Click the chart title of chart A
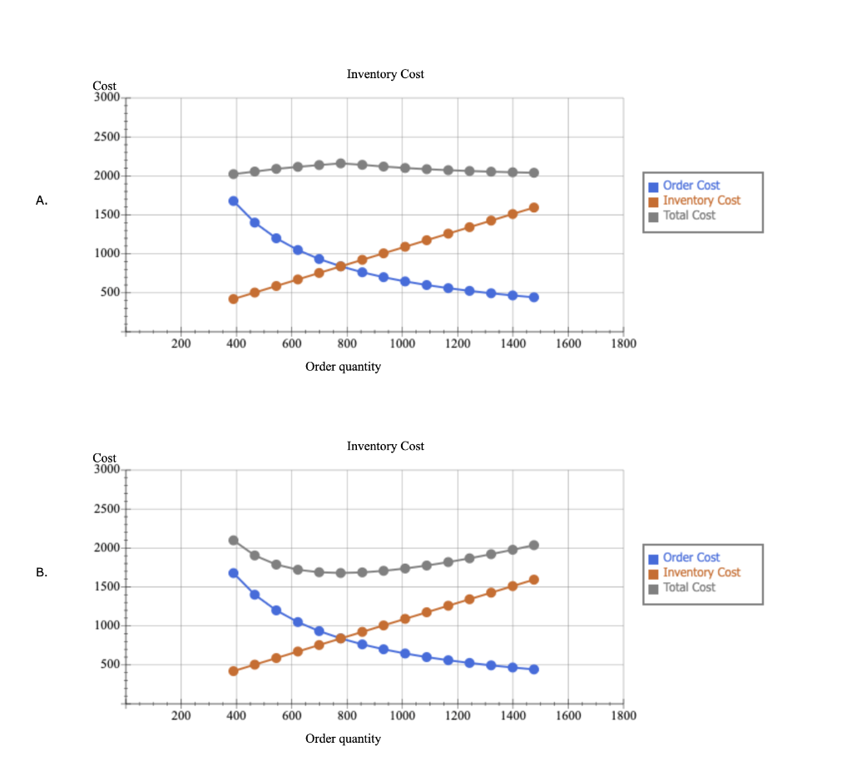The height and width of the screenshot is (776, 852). [385, 75]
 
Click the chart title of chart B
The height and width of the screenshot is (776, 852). [385, 447]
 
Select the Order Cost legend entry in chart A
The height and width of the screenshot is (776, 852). [691, 185]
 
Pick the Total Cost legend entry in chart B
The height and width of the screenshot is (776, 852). [689, 587]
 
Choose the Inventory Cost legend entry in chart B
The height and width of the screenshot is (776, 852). [701, 572]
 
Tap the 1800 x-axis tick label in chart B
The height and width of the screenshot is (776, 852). [623, 715]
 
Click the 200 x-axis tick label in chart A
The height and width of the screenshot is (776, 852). [181, 344]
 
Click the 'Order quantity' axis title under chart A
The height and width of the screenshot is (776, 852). [343, 367]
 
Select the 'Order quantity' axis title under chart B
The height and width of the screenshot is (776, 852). [343, 739]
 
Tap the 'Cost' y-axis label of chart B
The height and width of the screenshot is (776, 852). [105, 458]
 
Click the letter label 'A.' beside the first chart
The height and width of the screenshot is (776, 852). [42, 200]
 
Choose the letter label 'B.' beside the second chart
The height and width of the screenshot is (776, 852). [42, 572]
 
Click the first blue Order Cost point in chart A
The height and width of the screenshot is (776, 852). [233, 201]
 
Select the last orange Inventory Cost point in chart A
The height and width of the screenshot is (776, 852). [534, 208]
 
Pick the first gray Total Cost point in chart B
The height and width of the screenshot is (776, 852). [233, 541]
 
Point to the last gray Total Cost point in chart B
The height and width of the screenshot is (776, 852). [534, 546]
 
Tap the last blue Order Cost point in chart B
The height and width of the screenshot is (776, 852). [534, 670]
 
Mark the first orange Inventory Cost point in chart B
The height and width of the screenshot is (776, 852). [233, 671]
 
